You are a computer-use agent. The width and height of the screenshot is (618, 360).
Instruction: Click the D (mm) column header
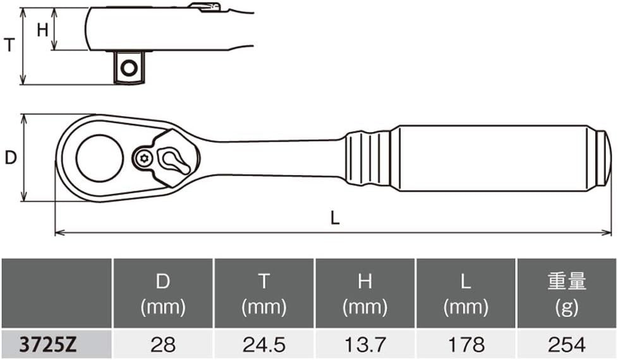(163, 294)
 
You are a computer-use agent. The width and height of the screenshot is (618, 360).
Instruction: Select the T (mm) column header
(264, 294)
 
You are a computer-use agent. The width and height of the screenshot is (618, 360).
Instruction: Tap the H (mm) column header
(365, 294)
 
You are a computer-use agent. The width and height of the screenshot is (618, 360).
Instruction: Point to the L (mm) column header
(466, 294)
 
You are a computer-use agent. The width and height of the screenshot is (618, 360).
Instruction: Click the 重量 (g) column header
(567, 294)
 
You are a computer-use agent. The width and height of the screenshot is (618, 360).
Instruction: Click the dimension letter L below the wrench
(335, 217)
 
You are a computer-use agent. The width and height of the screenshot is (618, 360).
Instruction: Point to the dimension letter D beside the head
(11, 158)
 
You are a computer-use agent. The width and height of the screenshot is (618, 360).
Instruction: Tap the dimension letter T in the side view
(9, 45)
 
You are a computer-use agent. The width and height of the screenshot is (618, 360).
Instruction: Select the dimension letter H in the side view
(42, 30)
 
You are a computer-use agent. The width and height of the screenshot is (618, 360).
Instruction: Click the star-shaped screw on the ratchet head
(143, 159)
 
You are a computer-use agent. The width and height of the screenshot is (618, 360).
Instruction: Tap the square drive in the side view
(128, 68)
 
